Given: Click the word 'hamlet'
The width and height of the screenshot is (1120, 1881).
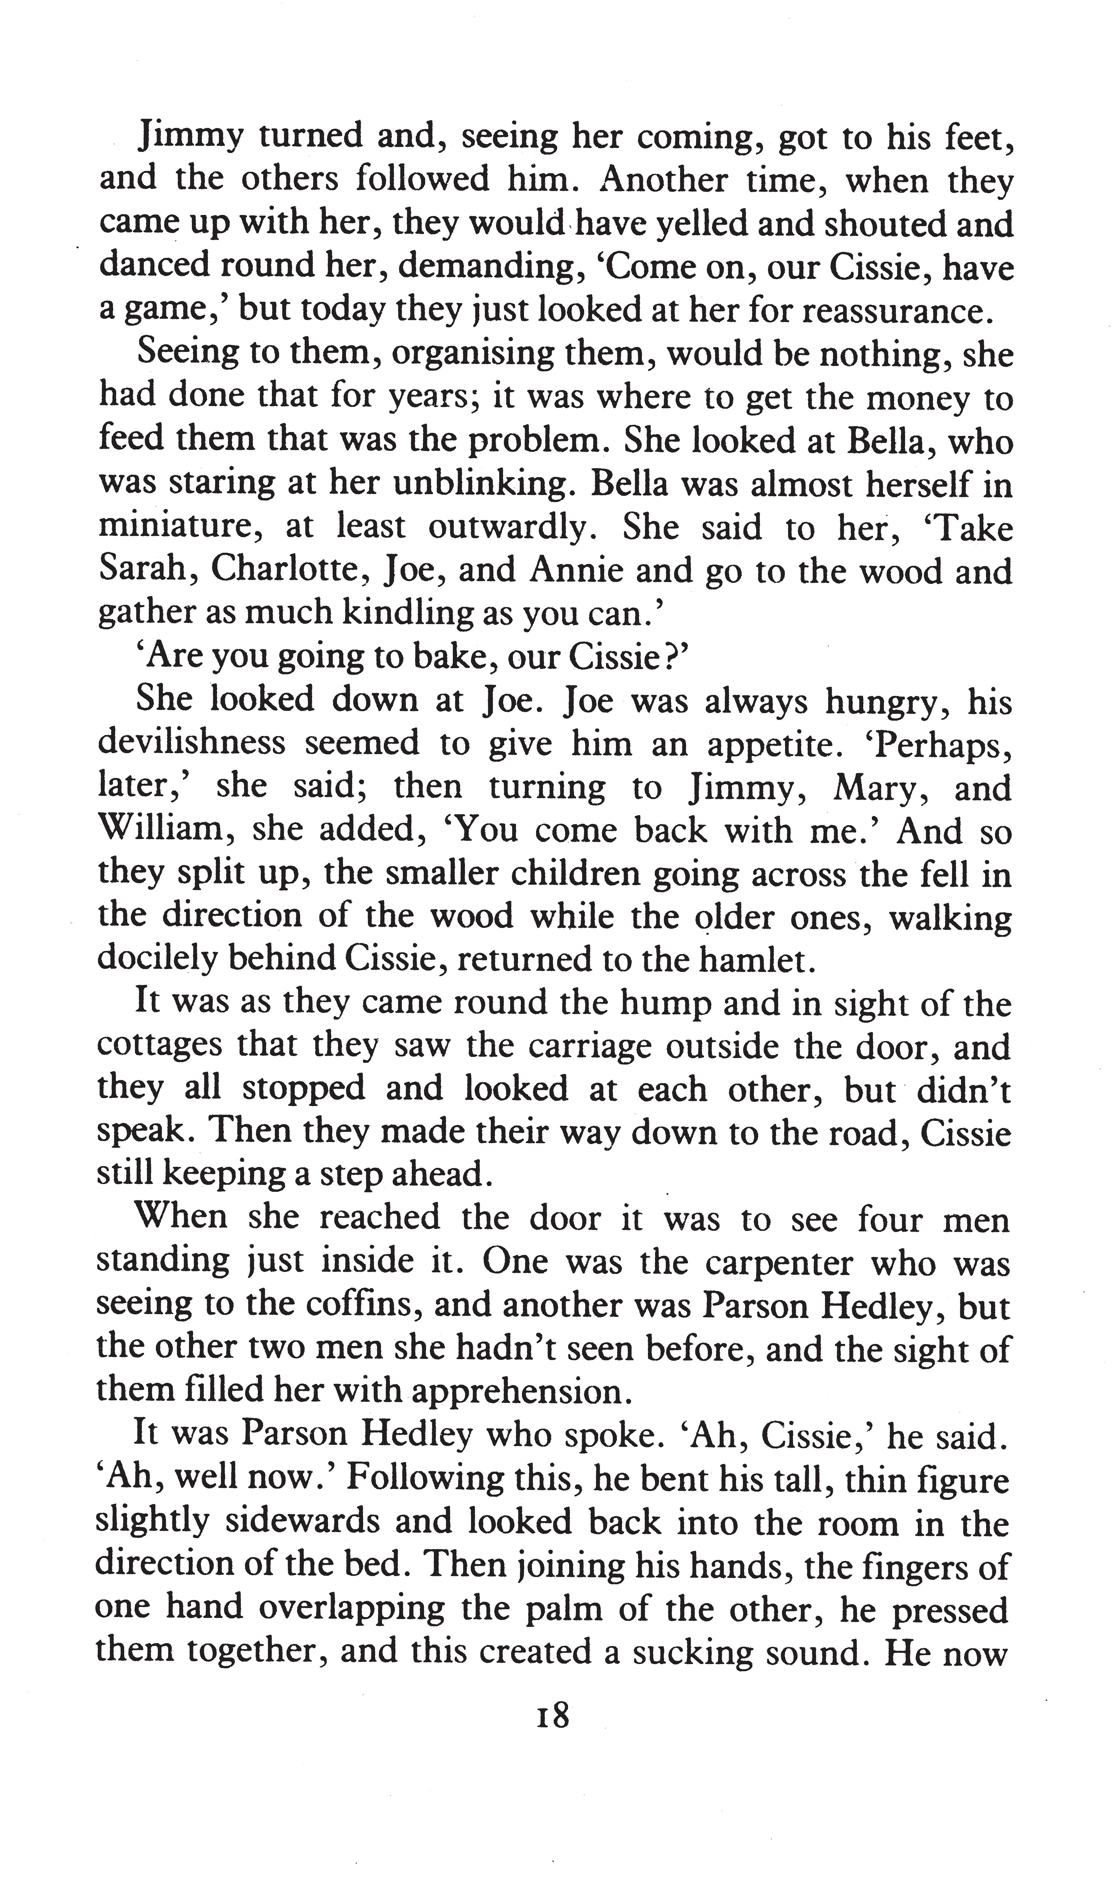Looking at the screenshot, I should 757,959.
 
